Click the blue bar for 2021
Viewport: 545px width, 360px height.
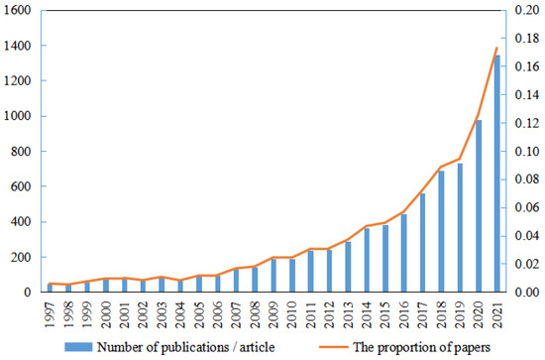click(497, 175)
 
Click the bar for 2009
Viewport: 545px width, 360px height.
click(272, 276)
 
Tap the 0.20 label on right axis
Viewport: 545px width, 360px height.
click(526, 11)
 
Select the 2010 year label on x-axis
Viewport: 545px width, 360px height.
click(291, 310)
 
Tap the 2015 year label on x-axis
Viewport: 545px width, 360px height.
click(385, 310)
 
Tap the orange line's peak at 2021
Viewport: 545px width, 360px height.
click(497, 48)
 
